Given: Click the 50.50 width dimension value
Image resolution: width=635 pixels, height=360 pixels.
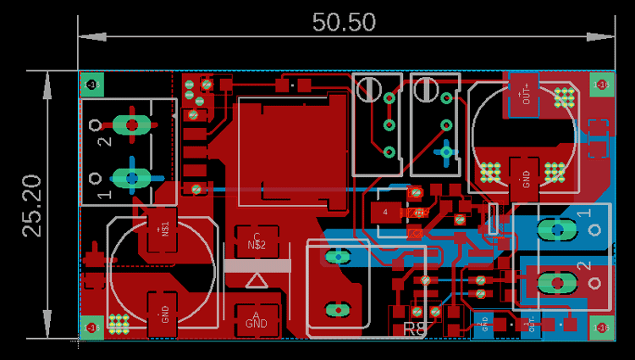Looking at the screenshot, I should [344, 22].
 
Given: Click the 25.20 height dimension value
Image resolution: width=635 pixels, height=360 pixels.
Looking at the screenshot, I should [32, 205].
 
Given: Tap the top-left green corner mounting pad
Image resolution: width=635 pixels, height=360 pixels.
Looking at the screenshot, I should [92, 84].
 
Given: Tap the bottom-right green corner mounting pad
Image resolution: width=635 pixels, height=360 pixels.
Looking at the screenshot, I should [602, 327].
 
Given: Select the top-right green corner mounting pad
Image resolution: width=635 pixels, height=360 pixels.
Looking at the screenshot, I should [602, 84].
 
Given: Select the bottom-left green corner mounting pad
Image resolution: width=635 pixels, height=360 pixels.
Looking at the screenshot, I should [92, 327].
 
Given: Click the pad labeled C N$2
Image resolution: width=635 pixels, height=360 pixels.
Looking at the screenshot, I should [257, 241].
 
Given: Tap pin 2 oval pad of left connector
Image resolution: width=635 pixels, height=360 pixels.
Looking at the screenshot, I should [131, 125].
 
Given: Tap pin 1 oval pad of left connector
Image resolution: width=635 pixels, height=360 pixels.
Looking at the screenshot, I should [131, 177].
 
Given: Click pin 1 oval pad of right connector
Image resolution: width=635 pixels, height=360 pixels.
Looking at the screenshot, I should [555, 228].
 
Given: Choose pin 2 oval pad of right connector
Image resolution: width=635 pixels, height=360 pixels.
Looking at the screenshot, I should [555, 280].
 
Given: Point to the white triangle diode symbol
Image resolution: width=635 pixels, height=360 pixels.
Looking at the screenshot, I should [257, 279].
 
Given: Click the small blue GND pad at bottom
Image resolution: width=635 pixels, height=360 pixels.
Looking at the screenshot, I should [485, 323].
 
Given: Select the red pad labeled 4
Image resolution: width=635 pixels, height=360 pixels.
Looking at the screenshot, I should [385, 212].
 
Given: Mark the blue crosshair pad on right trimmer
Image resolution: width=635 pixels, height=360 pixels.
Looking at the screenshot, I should [445, 152].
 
